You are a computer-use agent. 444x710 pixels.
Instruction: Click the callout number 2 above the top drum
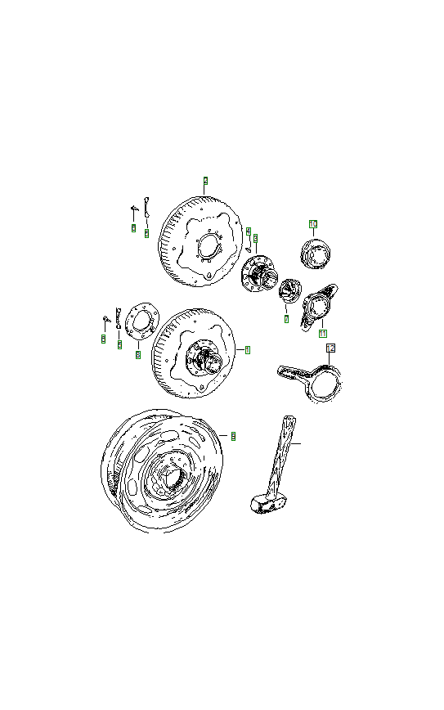(x=205, y=180)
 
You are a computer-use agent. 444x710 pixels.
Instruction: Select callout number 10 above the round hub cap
(x=312, y=222)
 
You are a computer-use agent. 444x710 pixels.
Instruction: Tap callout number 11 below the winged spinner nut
(x=322, y=334)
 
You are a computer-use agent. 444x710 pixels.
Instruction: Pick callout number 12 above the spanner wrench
(x=330, y=348)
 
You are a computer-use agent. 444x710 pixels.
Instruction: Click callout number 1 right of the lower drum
(x=248, y=349)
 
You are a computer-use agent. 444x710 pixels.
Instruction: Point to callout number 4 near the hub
(x=248, y=231)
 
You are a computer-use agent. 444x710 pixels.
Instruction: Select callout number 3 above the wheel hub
(x=255, y=238)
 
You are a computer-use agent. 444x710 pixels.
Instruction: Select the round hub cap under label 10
(x=315, y=254)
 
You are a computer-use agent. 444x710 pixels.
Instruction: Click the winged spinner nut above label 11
(x=318, y=304)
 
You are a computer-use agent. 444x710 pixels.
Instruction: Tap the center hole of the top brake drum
(x=209, y=246)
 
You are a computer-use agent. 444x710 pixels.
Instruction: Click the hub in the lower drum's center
(x=203, y=359)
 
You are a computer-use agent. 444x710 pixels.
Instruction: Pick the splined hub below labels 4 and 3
(x=260, y=273)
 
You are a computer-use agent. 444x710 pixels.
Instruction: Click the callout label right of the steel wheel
(x=233, y=436)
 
